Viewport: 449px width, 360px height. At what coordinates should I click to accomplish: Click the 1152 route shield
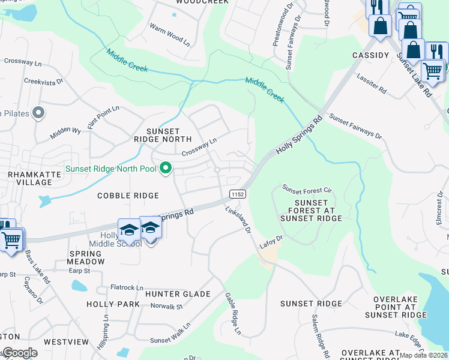tap(237, 194)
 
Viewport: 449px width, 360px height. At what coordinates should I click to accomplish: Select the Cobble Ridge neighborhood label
tap(128, 196)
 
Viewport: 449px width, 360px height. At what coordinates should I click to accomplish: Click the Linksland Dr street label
tap(237, 220)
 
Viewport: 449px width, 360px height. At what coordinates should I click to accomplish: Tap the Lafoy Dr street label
tap(271, 242)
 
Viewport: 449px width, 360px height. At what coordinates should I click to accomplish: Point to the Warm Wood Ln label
tap(169, 35)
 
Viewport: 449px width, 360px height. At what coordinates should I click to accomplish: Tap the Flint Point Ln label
tap(103, 116)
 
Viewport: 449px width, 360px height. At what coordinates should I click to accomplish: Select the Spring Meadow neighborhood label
tap(86, 257)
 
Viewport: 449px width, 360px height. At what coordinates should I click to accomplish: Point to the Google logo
tap(19, 353)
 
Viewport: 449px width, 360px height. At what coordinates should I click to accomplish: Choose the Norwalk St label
tap(166, 307)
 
